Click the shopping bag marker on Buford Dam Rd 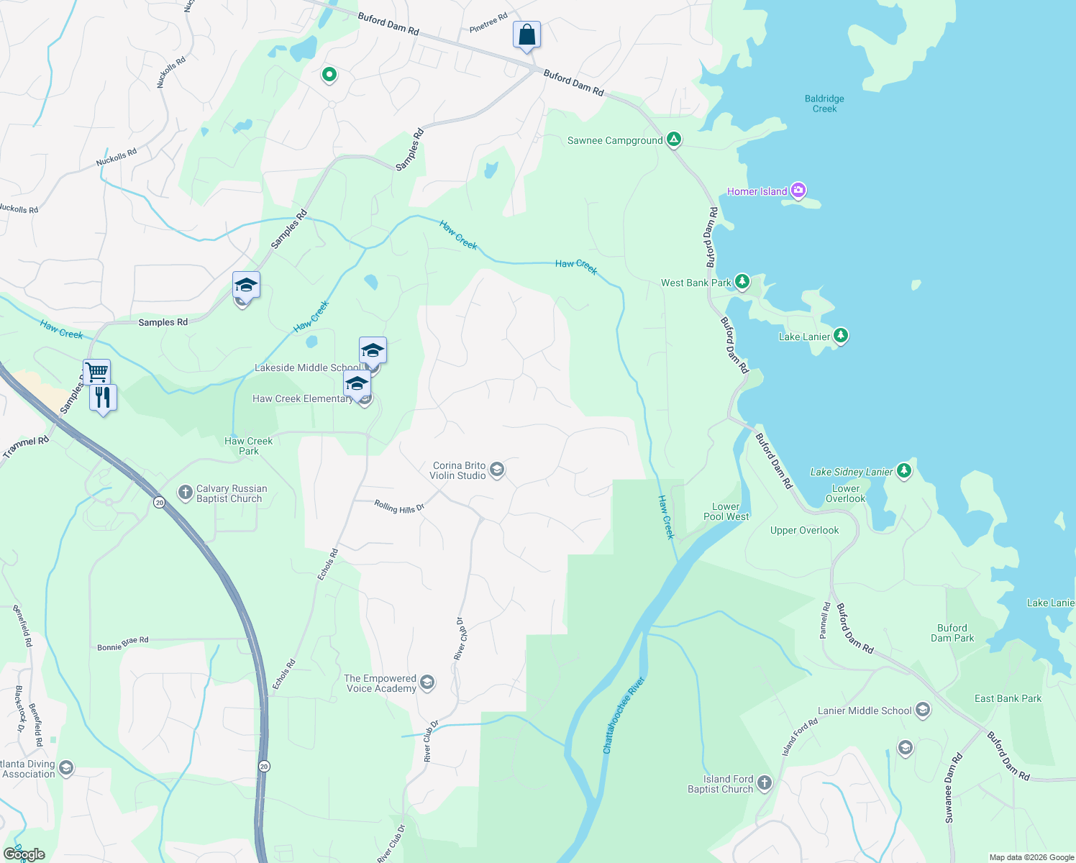526,35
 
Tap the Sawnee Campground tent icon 674,140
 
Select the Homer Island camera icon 798,191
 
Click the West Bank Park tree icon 742,282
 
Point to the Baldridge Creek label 824,104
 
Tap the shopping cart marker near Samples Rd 96,372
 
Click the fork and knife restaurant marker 103,397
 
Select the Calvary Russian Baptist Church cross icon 185,493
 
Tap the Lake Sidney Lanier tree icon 904,471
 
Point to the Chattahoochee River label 623,715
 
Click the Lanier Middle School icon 923,711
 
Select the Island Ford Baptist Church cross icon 765,783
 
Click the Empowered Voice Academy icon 427,682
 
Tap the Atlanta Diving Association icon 66,768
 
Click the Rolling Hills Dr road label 399,507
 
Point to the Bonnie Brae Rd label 123,643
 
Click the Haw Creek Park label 249,446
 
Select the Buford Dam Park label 952,633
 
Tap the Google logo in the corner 24,854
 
